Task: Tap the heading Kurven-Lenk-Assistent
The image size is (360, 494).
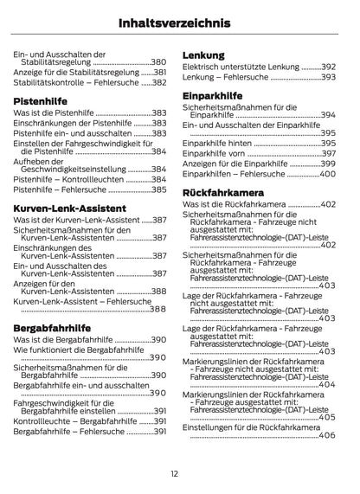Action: point(70,209)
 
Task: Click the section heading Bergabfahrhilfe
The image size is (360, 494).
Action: point(53,328)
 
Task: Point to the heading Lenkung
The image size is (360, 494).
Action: point(203,55)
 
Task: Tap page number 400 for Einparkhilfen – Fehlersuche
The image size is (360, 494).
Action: point(327,174)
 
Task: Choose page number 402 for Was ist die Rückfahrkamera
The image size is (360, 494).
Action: point(328,204)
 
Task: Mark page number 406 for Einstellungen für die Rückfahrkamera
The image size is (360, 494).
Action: point(327,435)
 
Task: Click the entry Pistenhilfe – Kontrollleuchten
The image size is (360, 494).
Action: point(69,178)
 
